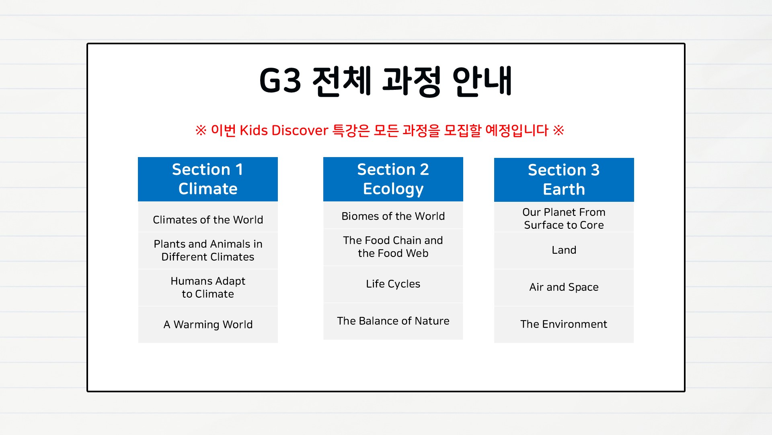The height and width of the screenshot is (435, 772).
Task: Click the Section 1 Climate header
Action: [208, 179]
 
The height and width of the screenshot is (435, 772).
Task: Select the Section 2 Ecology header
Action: [393, 179]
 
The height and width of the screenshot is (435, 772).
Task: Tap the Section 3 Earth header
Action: [564, 180]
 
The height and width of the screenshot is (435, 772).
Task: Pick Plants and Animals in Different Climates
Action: [208, 251]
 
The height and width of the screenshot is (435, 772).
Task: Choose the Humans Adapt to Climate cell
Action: [208, 288]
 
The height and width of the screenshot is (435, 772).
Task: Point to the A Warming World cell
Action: [208, 325]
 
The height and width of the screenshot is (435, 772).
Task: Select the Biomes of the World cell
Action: [393, 215]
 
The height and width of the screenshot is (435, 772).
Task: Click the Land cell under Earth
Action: [564, 251]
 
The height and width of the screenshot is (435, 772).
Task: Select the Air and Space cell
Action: [564, 288]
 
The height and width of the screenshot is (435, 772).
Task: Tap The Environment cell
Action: [564, 325]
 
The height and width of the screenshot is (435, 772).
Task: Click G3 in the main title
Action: [280, 81]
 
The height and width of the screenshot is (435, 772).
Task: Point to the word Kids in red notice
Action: [254, 130]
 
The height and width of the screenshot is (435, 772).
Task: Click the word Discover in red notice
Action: [300, 130]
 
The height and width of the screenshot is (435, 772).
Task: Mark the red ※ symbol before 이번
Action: [201, 130]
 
